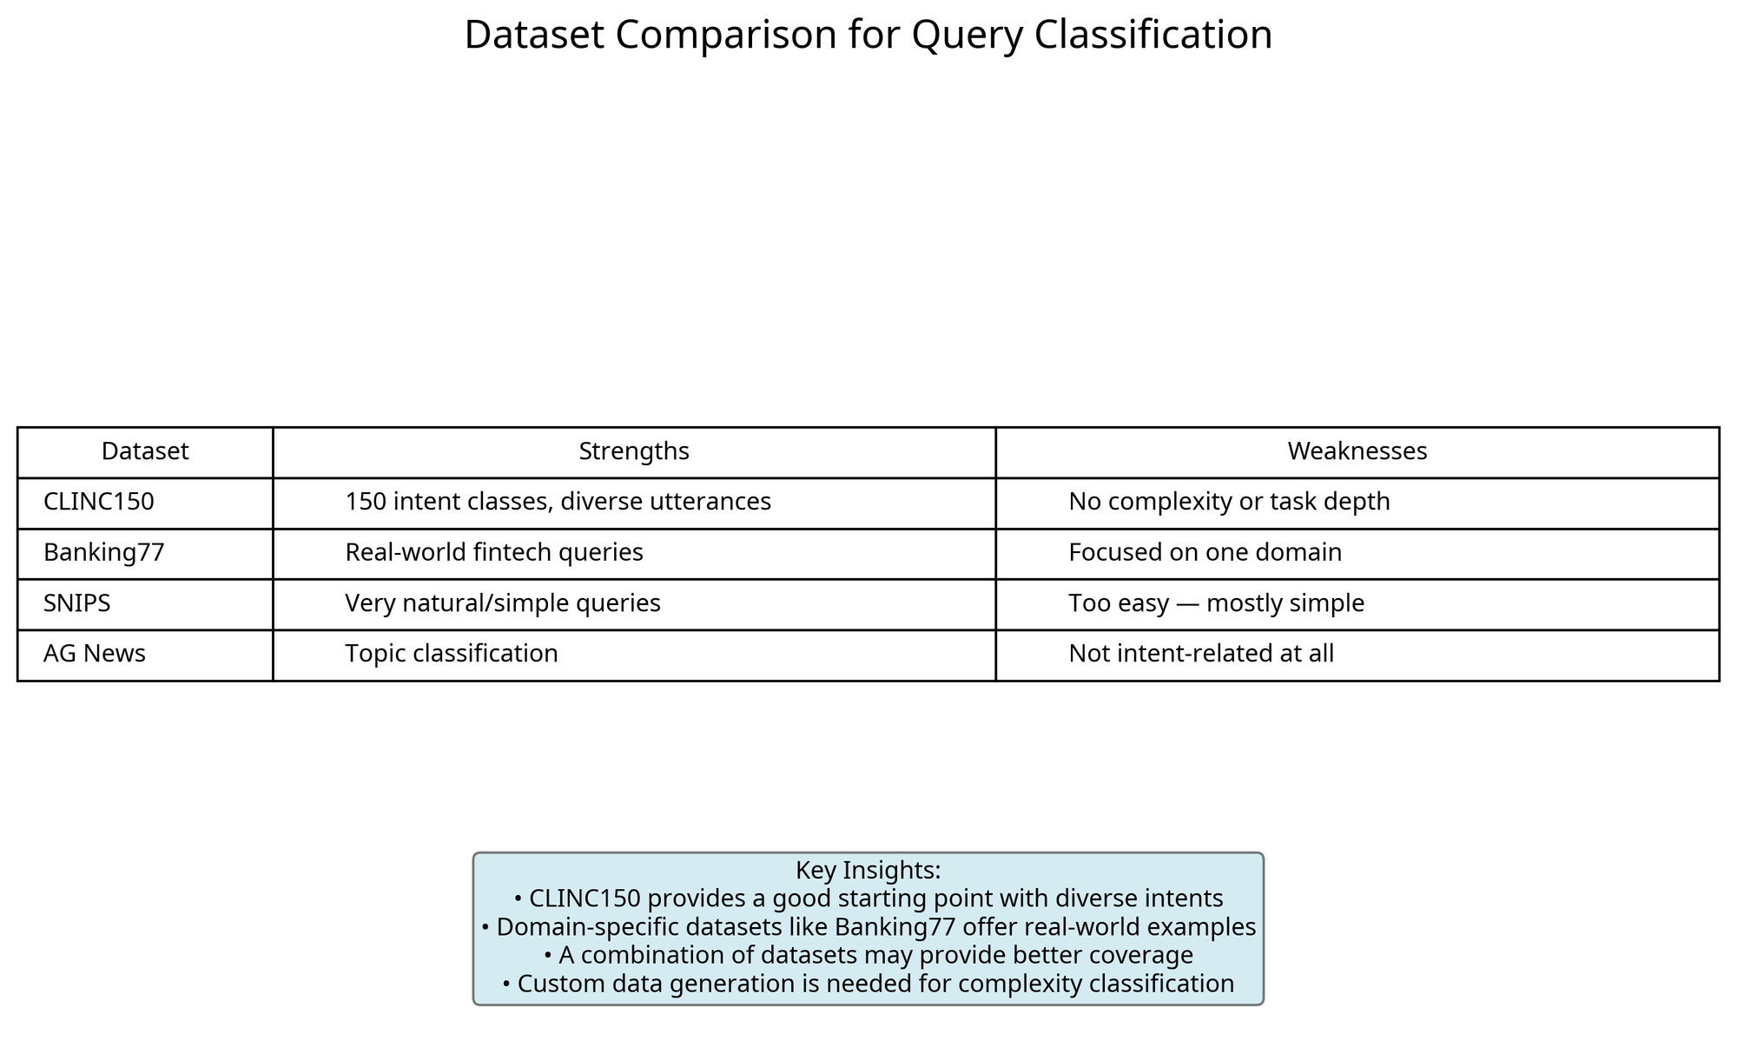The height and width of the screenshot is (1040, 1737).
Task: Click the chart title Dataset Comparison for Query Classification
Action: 868,36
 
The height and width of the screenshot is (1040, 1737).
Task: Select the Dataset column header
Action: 145,451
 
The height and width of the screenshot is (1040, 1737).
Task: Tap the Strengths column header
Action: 634,451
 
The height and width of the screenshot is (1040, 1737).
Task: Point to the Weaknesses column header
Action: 1357,451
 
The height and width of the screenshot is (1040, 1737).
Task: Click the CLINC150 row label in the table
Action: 99,502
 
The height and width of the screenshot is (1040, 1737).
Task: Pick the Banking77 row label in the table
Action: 104,553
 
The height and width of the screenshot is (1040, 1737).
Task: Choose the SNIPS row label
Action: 77,603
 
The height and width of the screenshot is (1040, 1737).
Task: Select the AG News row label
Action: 95,654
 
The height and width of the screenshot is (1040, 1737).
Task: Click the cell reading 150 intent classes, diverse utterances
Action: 558,502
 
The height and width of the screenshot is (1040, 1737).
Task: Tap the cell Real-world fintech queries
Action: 494,553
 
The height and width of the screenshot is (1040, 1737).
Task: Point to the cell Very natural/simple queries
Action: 503,603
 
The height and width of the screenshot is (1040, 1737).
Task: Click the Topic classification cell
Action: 452,654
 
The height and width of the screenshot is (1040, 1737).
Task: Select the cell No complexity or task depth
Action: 1230,502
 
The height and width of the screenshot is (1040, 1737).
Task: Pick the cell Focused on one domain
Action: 1205,553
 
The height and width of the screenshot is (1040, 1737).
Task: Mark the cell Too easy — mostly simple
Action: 1217,603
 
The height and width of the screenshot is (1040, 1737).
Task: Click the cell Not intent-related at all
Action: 1201,654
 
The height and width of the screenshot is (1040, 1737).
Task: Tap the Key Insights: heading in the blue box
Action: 868,871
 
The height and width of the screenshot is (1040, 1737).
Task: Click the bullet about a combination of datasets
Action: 868,956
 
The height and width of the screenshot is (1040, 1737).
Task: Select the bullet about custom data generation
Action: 868,984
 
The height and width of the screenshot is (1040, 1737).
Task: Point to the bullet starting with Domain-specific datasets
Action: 868,927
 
